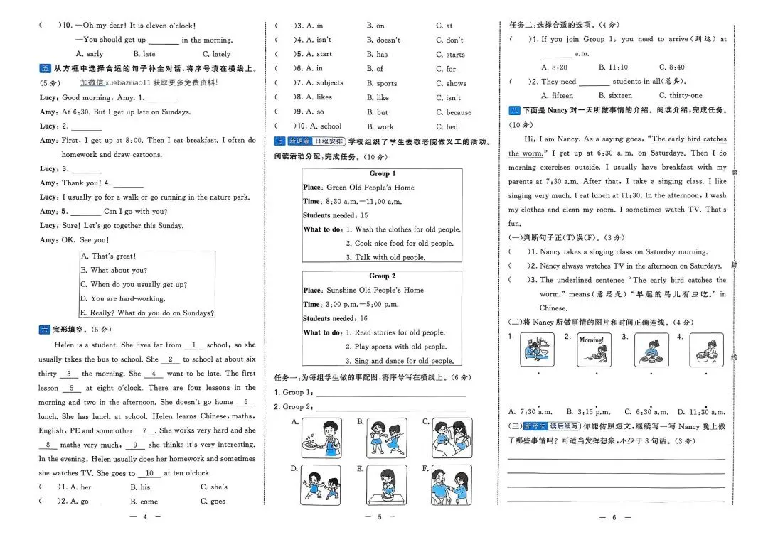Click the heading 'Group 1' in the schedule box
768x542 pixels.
point(382,173)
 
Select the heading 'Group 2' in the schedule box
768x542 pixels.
point(382,276)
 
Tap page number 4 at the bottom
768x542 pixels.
point(144,518)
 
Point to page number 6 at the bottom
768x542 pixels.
point(617,518)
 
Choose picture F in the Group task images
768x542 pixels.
point(452,484)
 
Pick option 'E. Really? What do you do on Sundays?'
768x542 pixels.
point(146,313)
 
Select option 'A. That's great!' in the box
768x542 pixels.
point(107,256)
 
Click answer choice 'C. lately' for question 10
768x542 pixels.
point(216,54)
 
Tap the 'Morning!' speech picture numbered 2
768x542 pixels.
point(591,350)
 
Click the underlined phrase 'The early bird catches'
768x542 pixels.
point(689,139)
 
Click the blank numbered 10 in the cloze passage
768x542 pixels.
point(149,473)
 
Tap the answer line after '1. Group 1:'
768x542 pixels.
point(391,392)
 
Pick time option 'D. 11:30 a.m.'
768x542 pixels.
point(701,411)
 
